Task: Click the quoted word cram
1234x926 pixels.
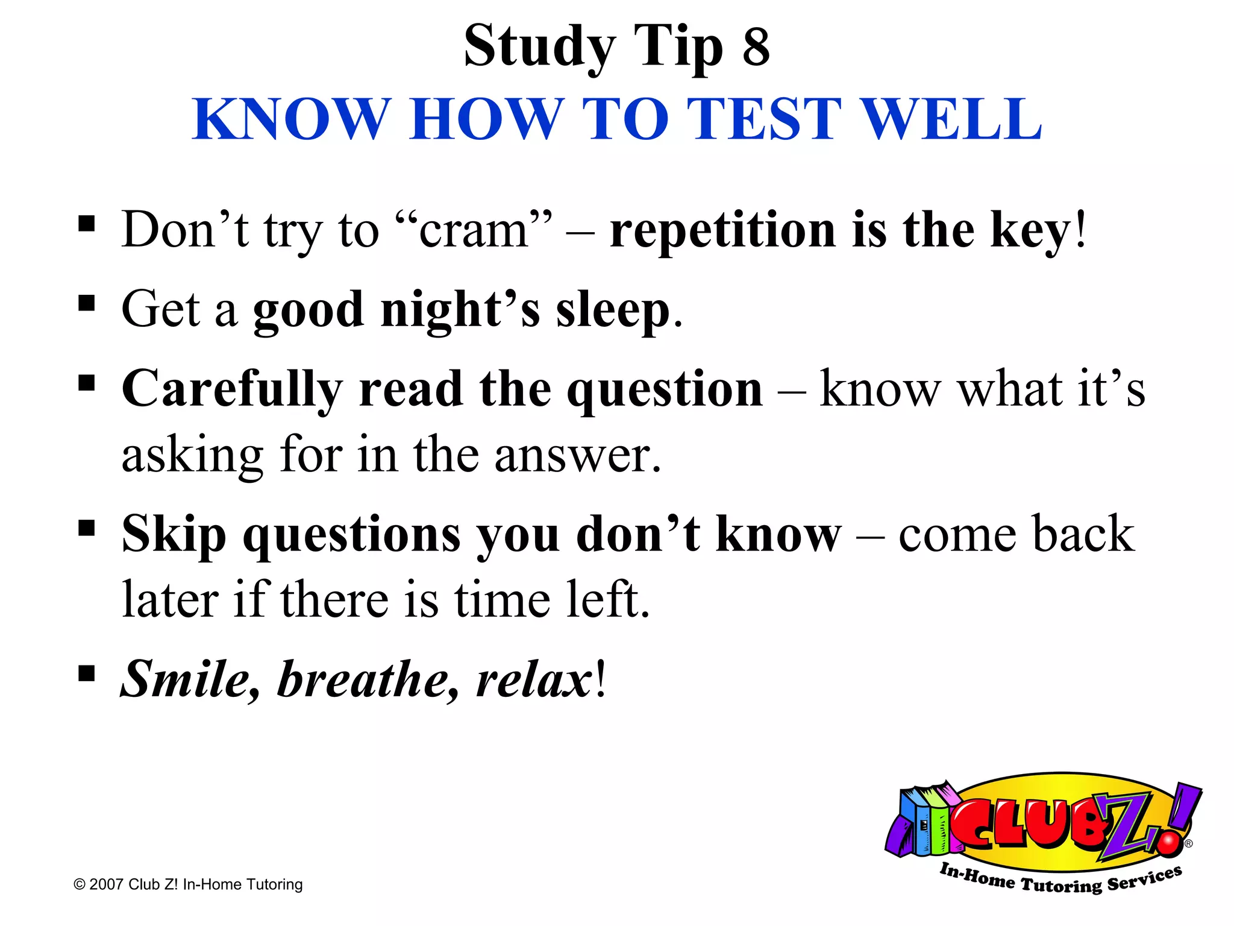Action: (473, 230)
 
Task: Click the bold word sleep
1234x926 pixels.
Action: (612, 310)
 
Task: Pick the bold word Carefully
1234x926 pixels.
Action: (232, 389)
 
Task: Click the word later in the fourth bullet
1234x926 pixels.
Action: (171, 600)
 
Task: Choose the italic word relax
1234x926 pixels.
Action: (533, 679)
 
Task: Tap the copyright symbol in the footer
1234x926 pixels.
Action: (79, 884)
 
